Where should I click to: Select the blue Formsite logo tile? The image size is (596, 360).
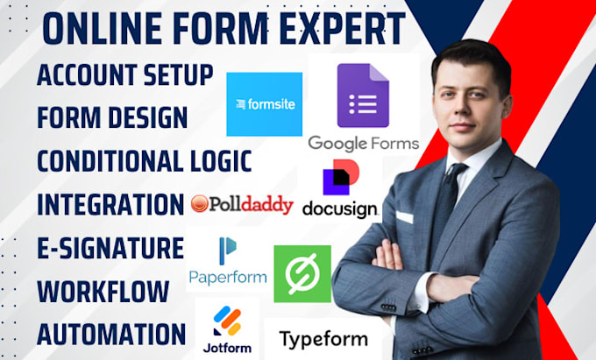tap(264, 104)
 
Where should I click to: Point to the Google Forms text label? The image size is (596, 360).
tap(363, 142)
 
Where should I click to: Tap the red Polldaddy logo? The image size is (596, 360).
tap(242, 205)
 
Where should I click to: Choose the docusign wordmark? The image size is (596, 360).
tap(339, 209)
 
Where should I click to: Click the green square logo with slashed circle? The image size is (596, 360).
tap(302, 274)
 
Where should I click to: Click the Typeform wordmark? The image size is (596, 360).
tap(323, 338)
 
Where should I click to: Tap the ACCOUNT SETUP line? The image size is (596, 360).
tap(124, 75)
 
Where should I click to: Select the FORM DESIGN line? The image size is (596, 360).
tap(111, 117)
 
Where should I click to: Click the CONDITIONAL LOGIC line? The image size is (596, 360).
tap(144, 161)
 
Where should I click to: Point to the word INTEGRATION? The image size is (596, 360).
tap(110, 204)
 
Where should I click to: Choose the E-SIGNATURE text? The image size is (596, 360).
tap(110, 247)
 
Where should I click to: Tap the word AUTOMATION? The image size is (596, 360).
tap(110, 333)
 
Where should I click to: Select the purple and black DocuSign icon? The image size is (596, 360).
tap(338, 178)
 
